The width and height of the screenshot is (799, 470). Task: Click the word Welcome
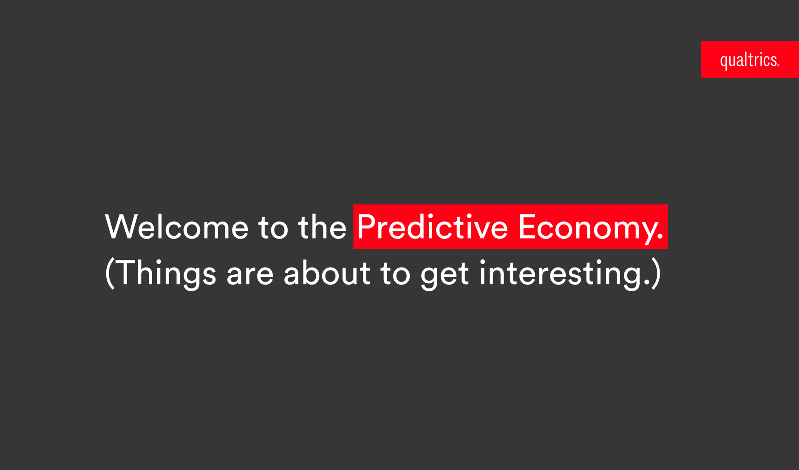coord(176,227)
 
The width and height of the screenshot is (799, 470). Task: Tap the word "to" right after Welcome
coord(273,228)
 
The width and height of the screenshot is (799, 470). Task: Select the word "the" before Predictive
coord(322,227)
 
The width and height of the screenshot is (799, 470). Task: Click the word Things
coord(165,274)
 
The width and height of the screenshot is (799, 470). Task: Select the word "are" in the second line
coord(250,275)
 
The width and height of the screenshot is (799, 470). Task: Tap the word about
coord(326,272)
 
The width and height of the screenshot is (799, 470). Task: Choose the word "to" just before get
coord(395,273)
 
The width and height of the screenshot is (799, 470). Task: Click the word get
coord(445,276)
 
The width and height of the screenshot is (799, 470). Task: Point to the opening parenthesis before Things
coord(110,274)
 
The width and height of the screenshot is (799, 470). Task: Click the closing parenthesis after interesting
coord(656,274)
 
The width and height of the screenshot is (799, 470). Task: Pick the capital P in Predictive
coord(367,227)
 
